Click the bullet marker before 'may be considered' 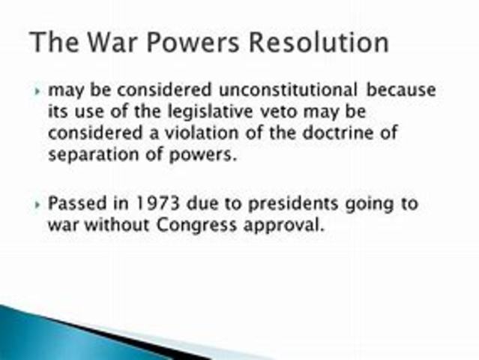(x=38, y=91)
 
